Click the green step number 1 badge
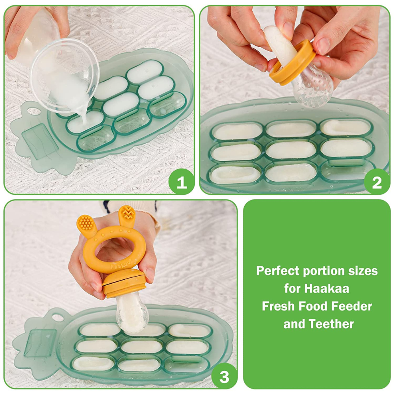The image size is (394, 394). [x=181, y=182]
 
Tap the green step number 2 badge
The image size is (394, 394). [x=377, y=182]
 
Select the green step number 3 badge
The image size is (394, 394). [x=224, y=377]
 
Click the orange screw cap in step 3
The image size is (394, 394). [x=125, y=284]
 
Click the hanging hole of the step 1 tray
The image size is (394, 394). [x=33, y=110]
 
